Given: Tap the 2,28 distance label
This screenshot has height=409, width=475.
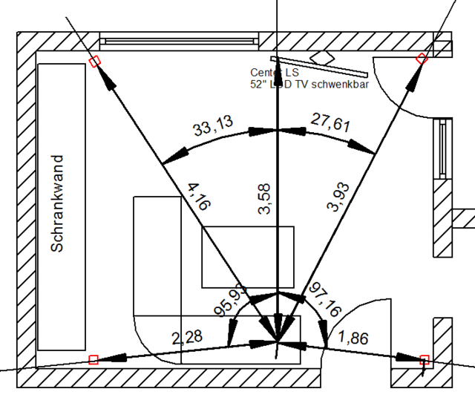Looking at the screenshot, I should click(187, 338).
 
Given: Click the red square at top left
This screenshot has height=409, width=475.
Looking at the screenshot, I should click(94, 62).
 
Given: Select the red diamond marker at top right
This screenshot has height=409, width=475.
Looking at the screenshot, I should click(422, 59).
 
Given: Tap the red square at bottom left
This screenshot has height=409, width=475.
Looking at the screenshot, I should click(94, 360).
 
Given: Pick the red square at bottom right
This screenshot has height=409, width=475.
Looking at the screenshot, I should click(425, 360).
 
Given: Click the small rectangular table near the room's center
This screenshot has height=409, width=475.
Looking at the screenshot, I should click(248, 256).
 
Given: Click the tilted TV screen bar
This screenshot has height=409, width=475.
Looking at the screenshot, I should click(319, 68).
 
